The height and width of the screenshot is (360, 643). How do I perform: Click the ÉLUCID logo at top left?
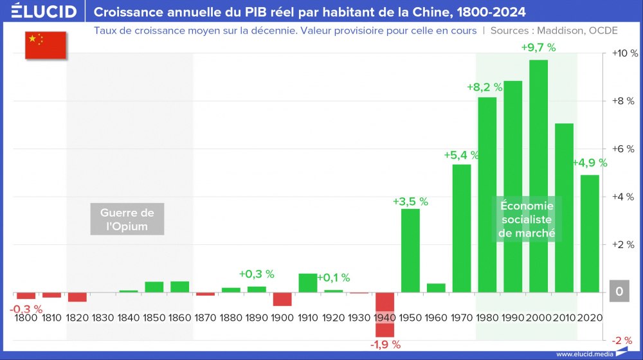click(x=44, y=12)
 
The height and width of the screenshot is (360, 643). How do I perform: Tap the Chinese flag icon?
click(x=46, y=44)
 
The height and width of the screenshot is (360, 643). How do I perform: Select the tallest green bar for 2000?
click(x=538, y=176)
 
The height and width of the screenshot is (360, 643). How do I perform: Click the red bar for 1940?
click(x=385, y=314)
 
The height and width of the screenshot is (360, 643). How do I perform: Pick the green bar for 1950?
click(x=410, y=251)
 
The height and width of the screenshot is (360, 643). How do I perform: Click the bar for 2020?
click(x=590, y=233)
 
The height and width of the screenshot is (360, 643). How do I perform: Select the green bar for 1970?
click(x=462, y=228)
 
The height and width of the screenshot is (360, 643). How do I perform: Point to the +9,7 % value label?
click(x=538, y=47)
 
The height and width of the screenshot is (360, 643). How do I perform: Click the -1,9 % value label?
click(x=385, y=345)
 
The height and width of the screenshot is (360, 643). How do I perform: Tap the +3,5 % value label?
click(x=410, y=201)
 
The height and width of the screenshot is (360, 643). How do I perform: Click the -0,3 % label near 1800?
click(x=26, y=309)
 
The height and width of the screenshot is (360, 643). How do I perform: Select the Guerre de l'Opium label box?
click(x=127, y=219)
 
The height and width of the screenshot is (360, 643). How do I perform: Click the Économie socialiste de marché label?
click(x=526, y=219)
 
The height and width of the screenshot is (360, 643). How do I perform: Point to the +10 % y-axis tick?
click(x=622, y=53)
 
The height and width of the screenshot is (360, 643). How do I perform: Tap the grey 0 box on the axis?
click(x=619, y=292)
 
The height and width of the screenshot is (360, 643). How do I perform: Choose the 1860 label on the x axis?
click(x=179, y=318)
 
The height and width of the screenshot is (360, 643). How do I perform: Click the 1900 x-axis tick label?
click(x=282, y=318)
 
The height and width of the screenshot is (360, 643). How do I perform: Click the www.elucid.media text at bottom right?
click(x=584, y=354)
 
